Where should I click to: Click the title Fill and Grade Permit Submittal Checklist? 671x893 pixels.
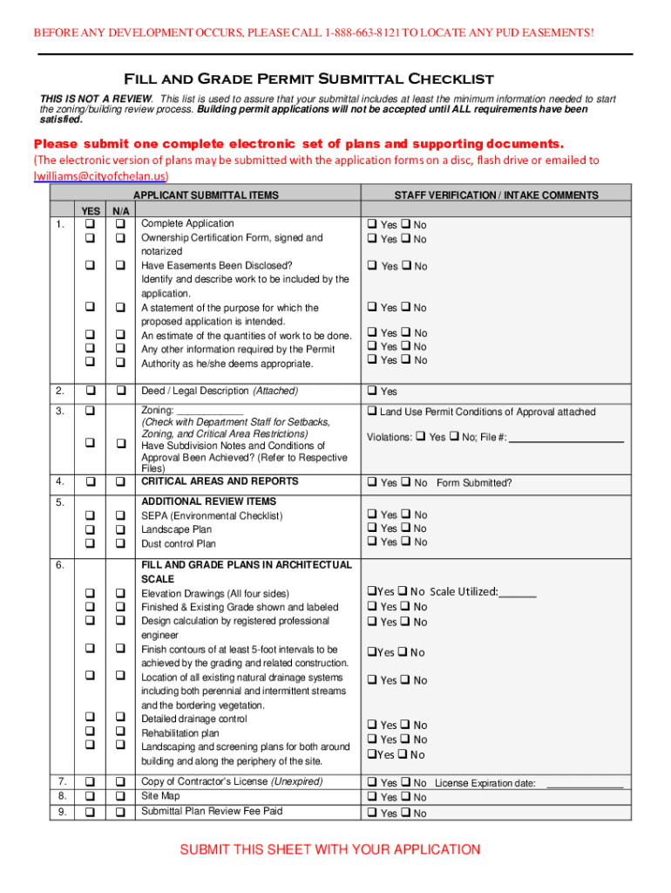pyautogui.click(x=310, y=78)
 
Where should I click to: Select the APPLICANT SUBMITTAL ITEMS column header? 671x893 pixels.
pyautogui.click(x=206, y=195)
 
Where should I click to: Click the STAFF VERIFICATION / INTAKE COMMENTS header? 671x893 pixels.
pyautogui.click(x=496, y=195)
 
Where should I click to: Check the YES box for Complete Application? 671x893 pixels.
pyautogui.click(x=90, y=224)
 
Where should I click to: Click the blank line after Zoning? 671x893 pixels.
pyautogui.click(x=210, y=411)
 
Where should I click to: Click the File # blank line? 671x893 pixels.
pyautogui.click(x=566, y=438)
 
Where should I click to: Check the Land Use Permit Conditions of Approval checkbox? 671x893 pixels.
pyautogui.click(x=371, y=412)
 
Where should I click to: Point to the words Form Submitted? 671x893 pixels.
pyautogui.click(x=474, y=483)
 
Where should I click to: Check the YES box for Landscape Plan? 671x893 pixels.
pyautogui.click(x=90, y=529)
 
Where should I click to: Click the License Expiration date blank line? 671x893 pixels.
pyautogui.click(x=584, y=784)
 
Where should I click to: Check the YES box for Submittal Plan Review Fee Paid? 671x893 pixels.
pyautogui.click(x=90, y=812)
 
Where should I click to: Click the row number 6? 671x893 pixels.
pyautogui.click(x=59, y=565)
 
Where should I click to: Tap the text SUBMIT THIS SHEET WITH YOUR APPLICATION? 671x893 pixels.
pyautogui.click(x=329, y=849)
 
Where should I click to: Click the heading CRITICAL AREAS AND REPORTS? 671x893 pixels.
pyautogui.click(x=220, y=481)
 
